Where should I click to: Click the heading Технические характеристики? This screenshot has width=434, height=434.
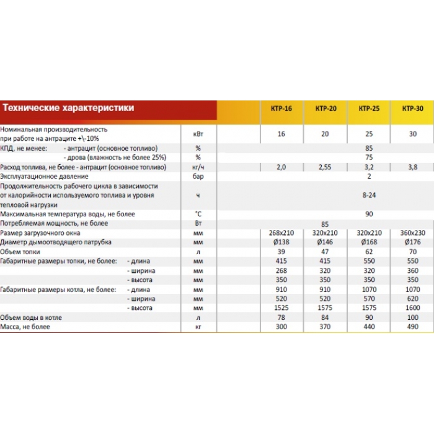click(x=68, y=107)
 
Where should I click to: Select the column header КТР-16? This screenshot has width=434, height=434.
click(x=281, y=109)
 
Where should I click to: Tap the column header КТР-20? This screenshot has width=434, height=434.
click(x=325, y=109)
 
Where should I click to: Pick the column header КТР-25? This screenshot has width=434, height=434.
click(x=369, y=109)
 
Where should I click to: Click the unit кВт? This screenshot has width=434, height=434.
click(x=198, y=134)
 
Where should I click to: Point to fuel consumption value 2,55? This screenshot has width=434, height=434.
click(x=325, y=167)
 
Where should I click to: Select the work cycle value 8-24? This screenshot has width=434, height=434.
click(x=369, y=195)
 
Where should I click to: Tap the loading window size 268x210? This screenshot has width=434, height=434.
click(x=281, y=232)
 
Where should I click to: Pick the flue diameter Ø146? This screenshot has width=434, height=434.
click(x=325, y=242)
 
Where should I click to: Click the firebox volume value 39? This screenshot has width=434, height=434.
click(x=281, y=252)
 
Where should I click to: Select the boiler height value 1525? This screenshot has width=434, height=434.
click(x=281, y=308)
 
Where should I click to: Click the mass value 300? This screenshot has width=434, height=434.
click(x=281, y=326)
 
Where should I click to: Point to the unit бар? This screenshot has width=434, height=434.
click(x=198, y=177)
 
